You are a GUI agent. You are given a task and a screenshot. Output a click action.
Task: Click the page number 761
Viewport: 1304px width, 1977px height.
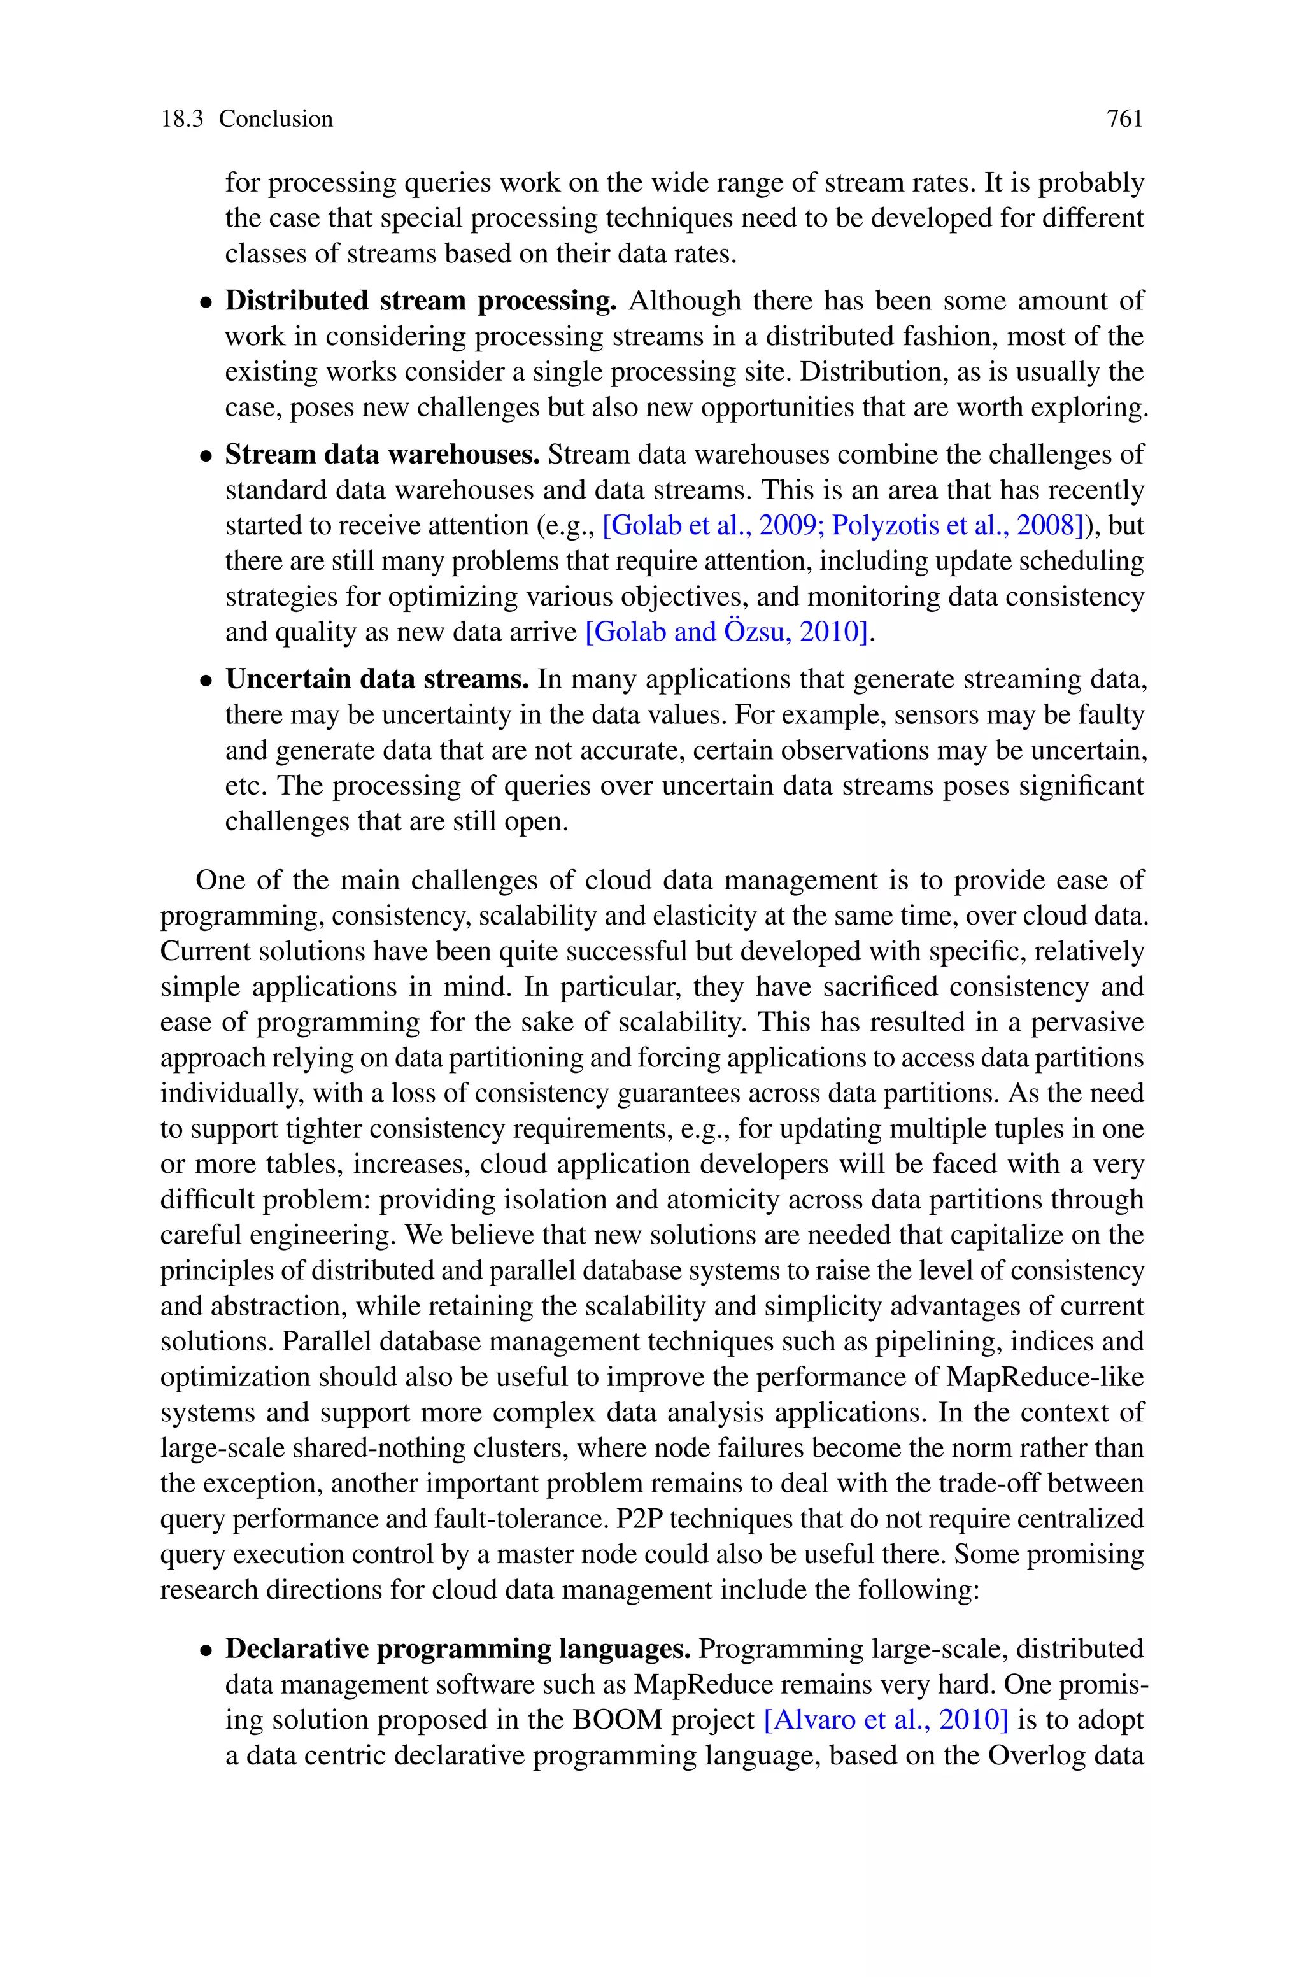coord(1124,119)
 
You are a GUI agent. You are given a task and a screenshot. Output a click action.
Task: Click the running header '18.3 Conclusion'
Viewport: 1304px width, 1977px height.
coord(246,119)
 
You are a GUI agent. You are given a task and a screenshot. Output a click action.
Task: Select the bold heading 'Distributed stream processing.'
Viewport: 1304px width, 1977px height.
coord(420,301)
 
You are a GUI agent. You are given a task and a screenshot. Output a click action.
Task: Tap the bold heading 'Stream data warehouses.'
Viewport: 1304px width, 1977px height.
coord(383,455)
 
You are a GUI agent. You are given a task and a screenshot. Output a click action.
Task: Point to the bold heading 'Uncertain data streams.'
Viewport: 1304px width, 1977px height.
coord(377,679)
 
